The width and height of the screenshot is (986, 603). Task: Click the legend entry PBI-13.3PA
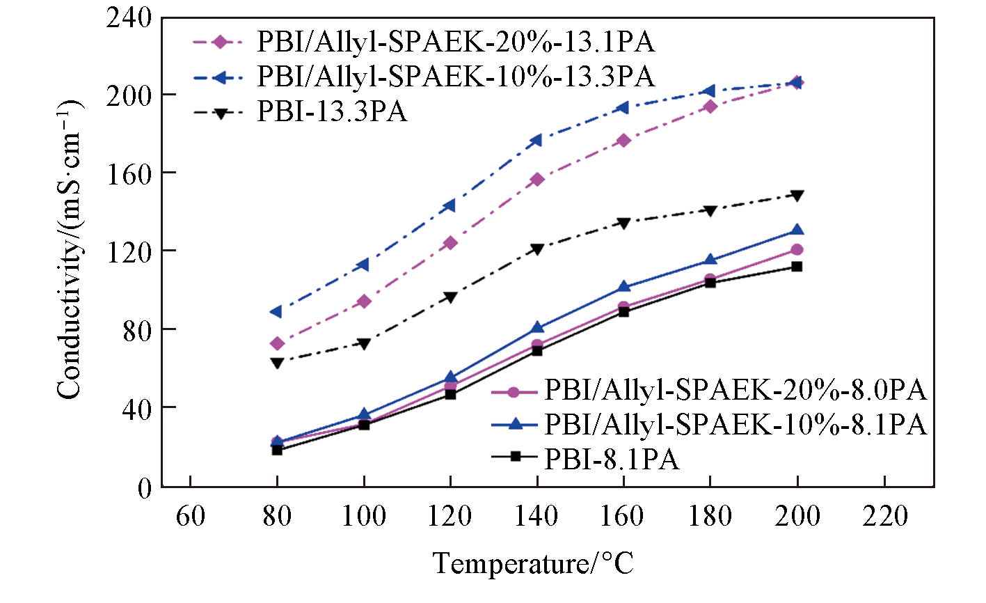(x=331, y=111)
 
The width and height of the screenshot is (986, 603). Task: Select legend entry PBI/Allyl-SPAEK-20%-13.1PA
(x=456, y=42)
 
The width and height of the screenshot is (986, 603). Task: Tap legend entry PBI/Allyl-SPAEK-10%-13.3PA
(x=456, y=76)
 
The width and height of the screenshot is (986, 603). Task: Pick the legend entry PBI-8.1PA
(x=612, y=459)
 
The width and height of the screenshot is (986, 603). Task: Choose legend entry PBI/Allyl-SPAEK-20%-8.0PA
(x=735, y=391)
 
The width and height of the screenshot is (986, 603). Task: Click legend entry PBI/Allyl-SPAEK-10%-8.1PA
(x=735, y=424)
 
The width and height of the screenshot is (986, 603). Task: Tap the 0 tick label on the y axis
(x=143, y=487)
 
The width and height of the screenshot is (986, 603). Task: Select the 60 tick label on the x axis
(x=190, y=516)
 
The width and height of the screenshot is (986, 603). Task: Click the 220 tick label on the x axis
(x=884, y=516)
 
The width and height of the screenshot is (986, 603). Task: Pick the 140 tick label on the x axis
(x=536, y=516)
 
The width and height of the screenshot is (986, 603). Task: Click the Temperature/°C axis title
(x=534, y=563)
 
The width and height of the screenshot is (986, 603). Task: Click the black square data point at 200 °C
(x=797, y=266)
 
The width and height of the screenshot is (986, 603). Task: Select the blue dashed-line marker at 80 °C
(x=276, y=311)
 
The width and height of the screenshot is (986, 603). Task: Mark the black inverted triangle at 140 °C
(x=536, y=249)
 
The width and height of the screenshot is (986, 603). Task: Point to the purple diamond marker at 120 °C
(x=450, y=243)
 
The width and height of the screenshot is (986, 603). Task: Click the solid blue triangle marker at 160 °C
(x=623, y=286)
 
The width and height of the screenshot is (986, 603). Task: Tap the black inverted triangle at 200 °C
(x=797, y=195)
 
